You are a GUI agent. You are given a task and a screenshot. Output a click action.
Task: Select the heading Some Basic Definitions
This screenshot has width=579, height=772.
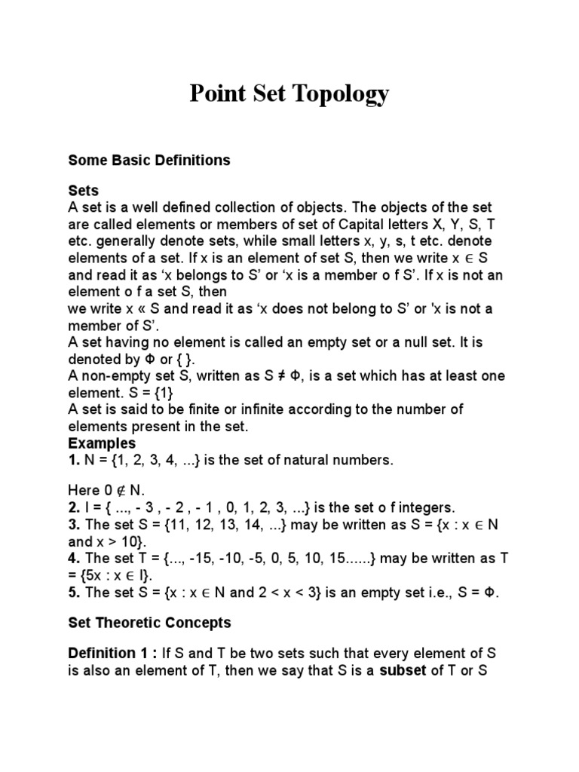pos(149,161)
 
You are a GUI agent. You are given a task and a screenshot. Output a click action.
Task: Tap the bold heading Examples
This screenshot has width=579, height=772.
pos(102,443)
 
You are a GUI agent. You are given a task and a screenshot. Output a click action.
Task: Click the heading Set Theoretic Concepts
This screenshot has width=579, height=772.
pos(149,623)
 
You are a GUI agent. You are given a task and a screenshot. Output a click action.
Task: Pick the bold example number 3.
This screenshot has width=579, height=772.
pos(72,525)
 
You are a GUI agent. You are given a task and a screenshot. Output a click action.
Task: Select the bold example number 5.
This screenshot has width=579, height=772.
pos(72,593)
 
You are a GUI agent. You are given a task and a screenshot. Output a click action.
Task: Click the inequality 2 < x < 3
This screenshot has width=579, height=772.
pos(296,593)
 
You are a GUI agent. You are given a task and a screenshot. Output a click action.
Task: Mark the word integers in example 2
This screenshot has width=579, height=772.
pos(427,507)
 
